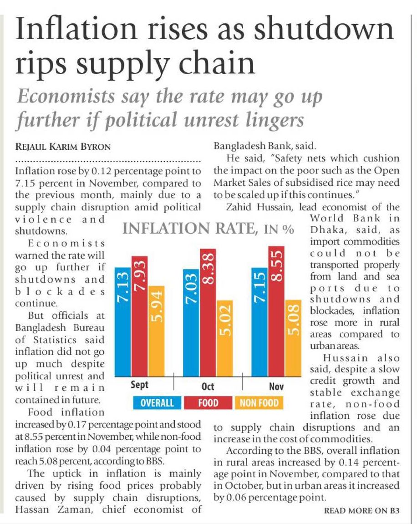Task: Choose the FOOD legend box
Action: click(x=208, y=403)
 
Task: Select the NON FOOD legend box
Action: click(x=259, y=403)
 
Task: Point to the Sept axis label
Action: click(x=140, y=385)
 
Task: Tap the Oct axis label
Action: click(x=208, y=387)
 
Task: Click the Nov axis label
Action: click(x=276, y=387)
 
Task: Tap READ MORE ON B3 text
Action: click(x=361, y=510)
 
